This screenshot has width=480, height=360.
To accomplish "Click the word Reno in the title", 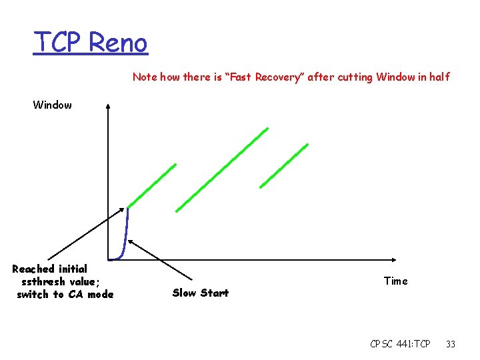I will pyautogui.click(x=118, y=43).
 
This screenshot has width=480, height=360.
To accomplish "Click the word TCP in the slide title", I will pyautogui.click(x=59, y=43).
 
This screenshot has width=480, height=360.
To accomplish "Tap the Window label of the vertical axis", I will pyautogui.click(x=53, y=105).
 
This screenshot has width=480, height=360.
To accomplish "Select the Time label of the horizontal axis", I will pyautogui.click(x=395, y=281).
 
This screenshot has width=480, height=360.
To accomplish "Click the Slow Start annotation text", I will pyautogui.click(x=200, y=293).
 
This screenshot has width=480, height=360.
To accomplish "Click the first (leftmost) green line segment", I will pyautogui.click(x=152, y=185).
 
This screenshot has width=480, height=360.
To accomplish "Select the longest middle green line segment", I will pyautogui.click(x=222, y=169).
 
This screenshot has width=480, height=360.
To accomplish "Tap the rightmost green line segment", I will pyautogui.click(x=284, y=165).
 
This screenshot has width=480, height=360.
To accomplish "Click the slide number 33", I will pyautogui.click(x=451, y=344).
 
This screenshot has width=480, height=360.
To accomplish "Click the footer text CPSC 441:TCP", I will pyautogui.click(x=400, y=344).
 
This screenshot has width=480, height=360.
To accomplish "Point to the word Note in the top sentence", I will pyautogui.click(x=145, y=77).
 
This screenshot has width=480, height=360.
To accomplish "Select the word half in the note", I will pyautogui.click(x=439, y=77).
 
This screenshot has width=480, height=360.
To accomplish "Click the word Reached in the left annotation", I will pyautogui.click(x=33, y=269).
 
